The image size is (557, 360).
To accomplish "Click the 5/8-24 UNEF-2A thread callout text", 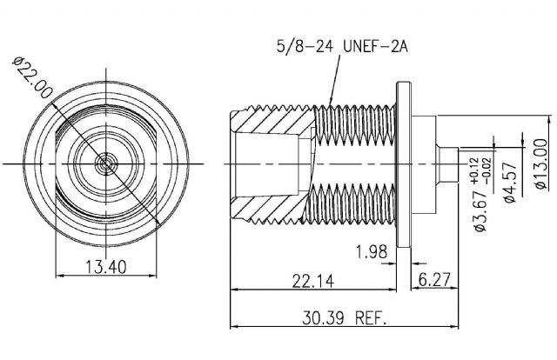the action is point(342,46).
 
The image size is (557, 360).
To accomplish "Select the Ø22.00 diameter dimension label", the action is point(32,77).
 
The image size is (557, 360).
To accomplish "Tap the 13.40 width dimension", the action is point(106,267).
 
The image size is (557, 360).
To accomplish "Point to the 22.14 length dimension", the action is point(313,281).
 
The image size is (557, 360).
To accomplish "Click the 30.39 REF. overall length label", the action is point(345,318).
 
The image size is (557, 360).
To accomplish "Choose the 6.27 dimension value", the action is point(434,279).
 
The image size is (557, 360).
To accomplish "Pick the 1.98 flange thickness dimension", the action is point(372,252).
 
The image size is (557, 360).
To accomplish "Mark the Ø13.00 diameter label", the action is point(541,164).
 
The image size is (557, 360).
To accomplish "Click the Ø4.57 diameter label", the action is point(510,183).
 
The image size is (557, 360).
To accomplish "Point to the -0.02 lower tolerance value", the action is point(487,171).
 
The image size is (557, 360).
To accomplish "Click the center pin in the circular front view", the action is point(105,163).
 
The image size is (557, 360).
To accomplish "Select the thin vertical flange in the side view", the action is point(404,164).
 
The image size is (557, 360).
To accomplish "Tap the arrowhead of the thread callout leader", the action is point(331,102).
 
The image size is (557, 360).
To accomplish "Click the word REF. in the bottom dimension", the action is point(371,318).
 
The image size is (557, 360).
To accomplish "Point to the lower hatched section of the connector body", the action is point(271,209).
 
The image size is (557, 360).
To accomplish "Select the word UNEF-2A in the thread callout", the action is point(375,46).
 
